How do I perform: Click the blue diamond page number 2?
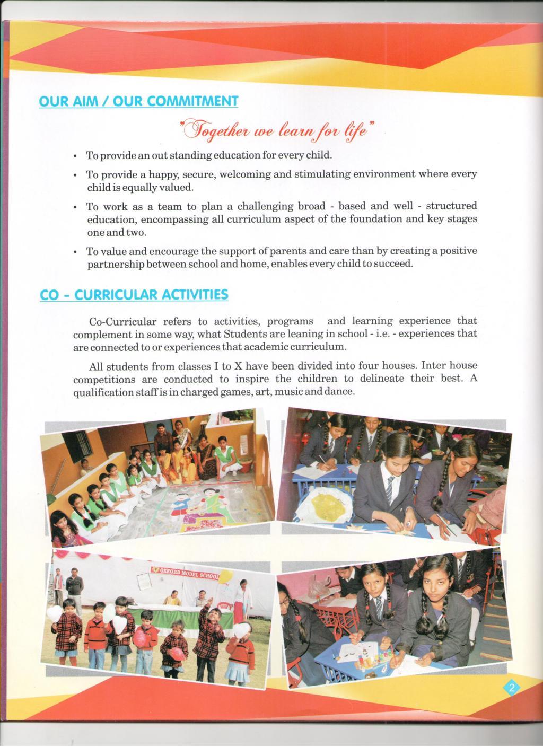point(512,689)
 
